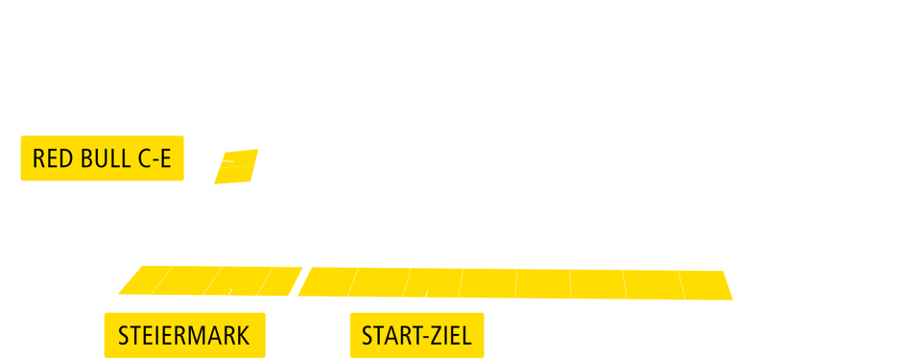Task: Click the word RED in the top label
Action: (50, 159)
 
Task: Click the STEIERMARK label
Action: (183, 336)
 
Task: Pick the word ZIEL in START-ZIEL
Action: (452, 336)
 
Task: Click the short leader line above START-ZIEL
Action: (423, 305)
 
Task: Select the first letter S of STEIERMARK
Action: (124, 336)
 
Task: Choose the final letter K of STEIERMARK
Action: (244, 336)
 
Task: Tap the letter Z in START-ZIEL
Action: (438, 336)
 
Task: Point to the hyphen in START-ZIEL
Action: (426, 337)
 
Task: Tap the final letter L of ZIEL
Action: (467, 336)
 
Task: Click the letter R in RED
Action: (38, 159)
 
